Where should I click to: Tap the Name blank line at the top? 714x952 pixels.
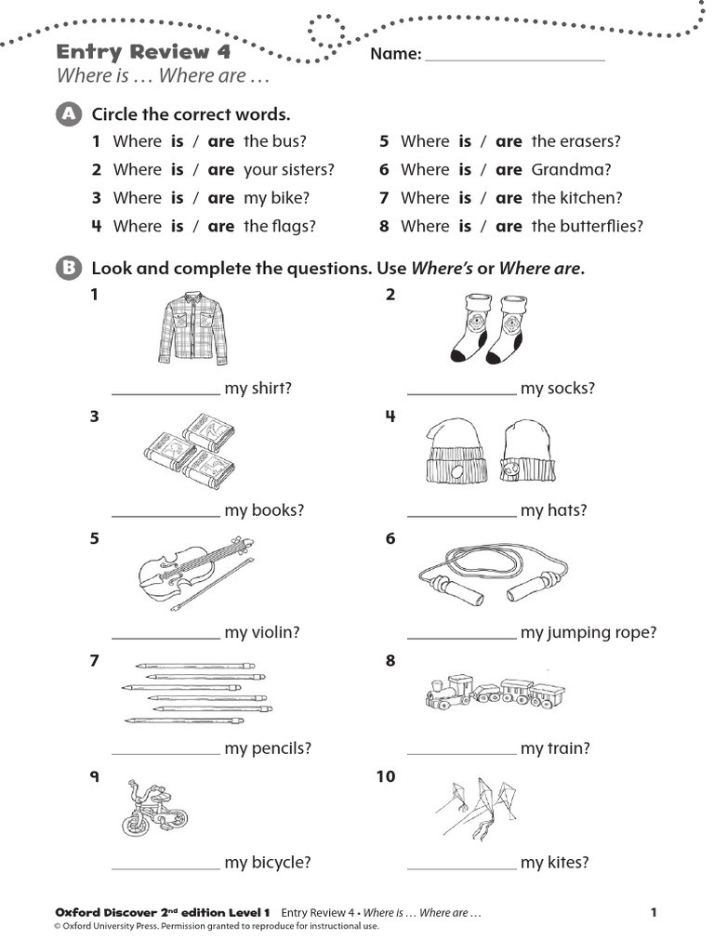tap(513, 58)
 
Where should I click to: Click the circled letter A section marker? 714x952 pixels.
tap(67, 114)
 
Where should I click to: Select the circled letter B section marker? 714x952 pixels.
tap(67, 269)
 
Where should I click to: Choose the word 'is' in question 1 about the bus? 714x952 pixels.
tap(178, 141)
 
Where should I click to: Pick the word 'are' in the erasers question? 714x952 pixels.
tap(509, 141)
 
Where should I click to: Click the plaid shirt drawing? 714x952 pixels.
tap(192, 327)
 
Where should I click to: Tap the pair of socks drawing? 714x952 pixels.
tap(489, 326)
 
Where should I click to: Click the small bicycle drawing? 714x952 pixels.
tap(152, 808)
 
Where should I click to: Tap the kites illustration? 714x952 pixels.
tap(484, 805)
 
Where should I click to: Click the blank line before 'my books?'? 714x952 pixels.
tap(165, 514)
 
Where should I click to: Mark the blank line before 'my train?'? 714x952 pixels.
tap(461, 752)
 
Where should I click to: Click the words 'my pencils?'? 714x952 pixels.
tap(268, 748)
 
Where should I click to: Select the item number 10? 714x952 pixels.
tap(386, 776)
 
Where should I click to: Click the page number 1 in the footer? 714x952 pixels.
tap(654, 913)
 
